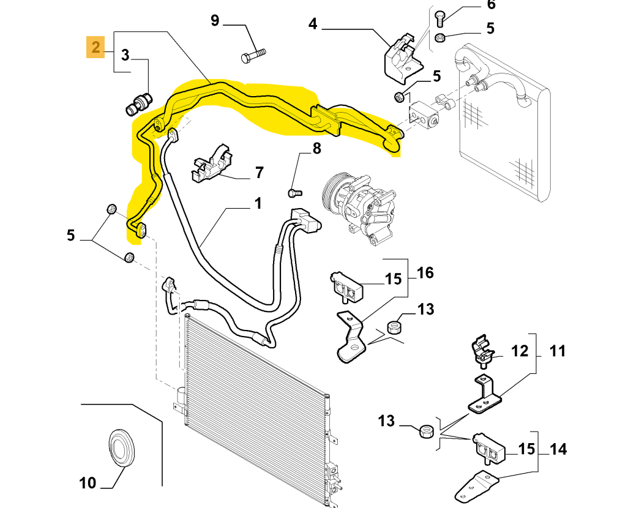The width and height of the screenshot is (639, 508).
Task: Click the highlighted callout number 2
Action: click(95, 47)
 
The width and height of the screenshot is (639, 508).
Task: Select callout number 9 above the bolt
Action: click(215, 21)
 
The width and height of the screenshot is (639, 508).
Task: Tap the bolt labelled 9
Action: click(254, 55)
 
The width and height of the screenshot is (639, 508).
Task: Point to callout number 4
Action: click(313, 24)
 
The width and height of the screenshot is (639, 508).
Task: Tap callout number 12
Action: click(519, 351)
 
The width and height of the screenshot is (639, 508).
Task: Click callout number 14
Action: click(558, 449)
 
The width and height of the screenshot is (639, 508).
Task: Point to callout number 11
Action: click(557, 351)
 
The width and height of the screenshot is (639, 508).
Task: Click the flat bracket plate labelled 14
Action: click(477, 484)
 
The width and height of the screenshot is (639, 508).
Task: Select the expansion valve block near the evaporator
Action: click(424, 113)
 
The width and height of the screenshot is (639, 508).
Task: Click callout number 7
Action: click(259, 173)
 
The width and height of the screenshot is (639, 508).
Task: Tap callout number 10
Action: click(88, 483)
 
